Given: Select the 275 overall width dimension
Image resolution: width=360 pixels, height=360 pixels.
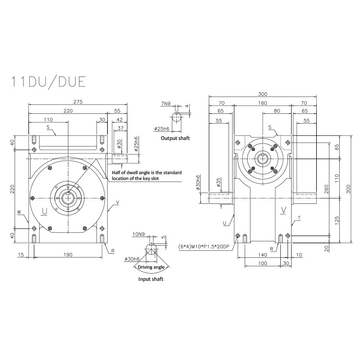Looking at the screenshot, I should (77, 102).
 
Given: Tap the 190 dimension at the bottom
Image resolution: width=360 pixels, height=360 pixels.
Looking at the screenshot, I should (68, 255).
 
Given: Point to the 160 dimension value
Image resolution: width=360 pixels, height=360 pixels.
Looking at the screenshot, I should (262, 102).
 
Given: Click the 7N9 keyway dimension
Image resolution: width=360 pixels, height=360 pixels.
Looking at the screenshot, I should (165, 104).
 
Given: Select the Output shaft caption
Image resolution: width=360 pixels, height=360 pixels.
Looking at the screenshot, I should (175, 138).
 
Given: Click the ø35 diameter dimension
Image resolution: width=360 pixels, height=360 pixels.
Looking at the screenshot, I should (218, 182).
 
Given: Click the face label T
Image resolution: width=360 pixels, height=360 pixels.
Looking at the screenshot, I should (299, 217).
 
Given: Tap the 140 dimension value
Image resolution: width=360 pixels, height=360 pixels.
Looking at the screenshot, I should (262, 255).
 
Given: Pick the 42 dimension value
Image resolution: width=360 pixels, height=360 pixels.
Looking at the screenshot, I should (119, 120).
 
